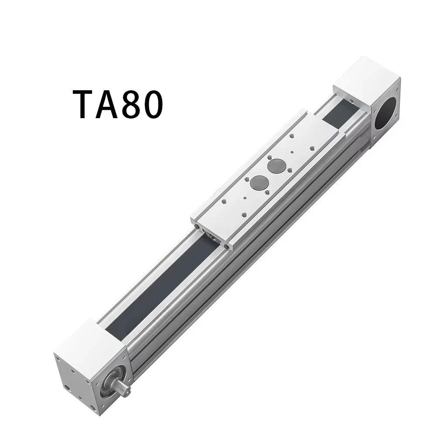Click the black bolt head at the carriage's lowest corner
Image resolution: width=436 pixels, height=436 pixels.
click(x=227, y=247)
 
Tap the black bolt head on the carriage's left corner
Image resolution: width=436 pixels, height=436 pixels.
click(x=198, y=228)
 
